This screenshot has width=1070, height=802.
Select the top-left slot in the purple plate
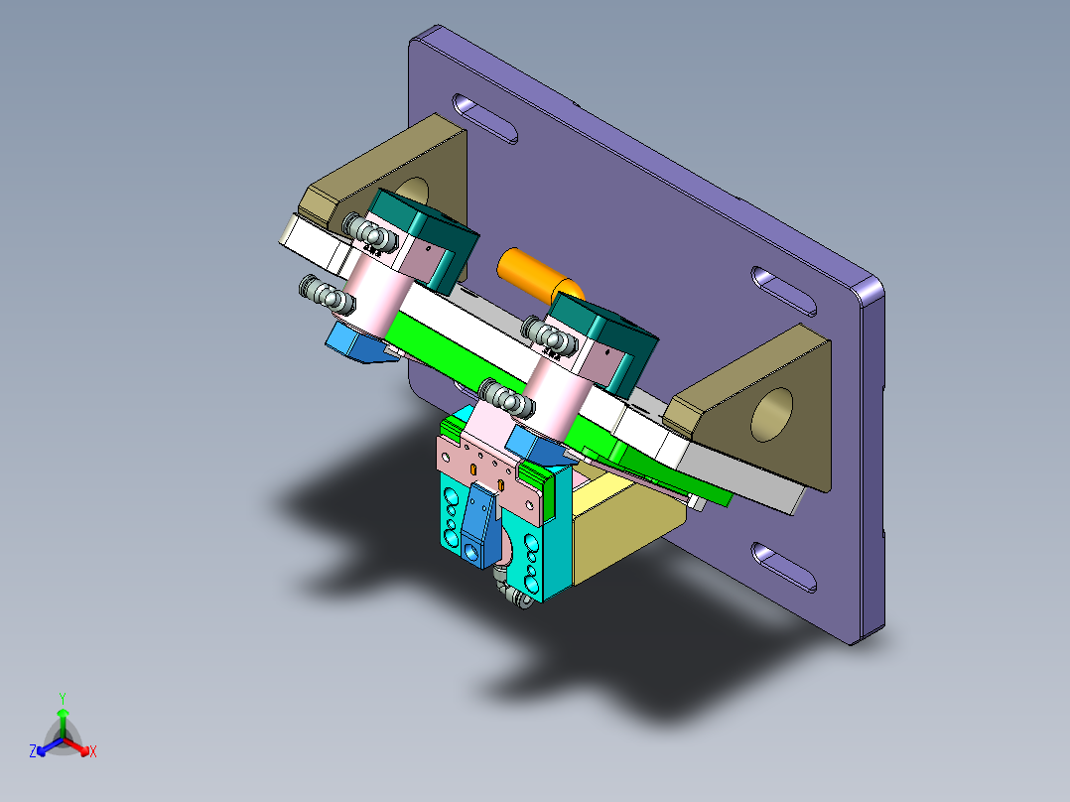pos(485,118)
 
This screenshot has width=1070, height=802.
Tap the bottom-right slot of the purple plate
pos(786,567)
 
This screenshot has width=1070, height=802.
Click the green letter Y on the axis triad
pos(62,698)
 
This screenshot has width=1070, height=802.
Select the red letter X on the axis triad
pos(93,752)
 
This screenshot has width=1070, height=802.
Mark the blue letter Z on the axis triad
pos(33,752)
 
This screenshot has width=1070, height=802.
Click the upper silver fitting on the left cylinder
pos(364,233)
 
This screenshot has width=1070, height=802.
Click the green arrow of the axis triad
pos(62,717)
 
